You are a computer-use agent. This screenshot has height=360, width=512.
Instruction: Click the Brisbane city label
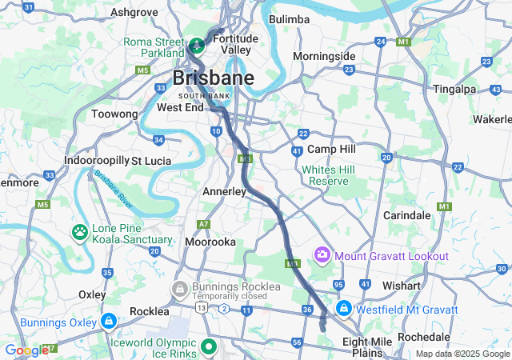pyautogui.click(x=214, y=78)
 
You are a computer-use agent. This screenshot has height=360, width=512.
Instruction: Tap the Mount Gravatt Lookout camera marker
pyautogui.click(x=322, y=255)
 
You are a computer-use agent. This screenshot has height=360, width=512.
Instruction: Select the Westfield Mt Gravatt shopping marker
pyautogui.click(x=343, y=308)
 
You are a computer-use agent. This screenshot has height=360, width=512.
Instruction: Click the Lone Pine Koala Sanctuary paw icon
pyautogui.click(x=80, y=233)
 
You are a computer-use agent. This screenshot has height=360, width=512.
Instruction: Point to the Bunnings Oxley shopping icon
pyautogui.click(x=108, y=322)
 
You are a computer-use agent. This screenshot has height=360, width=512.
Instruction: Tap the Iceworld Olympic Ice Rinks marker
pyautogui.click(x=209, y=346)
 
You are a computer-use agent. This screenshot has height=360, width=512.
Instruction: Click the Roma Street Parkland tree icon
pyautogui.click(x=196, y=42)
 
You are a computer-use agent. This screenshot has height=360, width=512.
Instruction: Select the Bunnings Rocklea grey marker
pyautogui.click(x=180, y=287)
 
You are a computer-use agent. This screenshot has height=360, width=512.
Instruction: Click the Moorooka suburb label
pyautogui.click(x=210, y=241)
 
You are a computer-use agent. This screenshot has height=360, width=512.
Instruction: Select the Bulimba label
pyautogui.click(x=289, y=18)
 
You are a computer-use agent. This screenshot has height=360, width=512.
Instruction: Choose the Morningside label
pyautogui.click(x=324, y=57)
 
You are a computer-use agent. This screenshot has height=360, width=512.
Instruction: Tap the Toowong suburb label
pyautogui.click(x=114, y=114)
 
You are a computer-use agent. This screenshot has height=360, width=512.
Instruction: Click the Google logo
pyautogui.click(x=26, y=350)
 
